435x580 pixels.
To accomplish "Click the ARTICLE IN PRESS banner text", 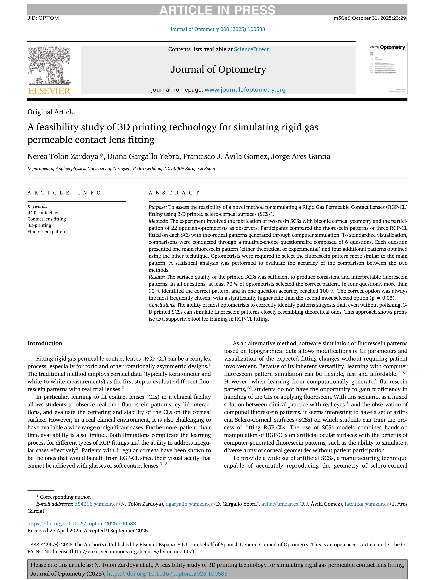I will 217,10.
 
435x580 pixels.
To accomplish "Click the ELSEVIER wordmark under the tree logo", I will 49,91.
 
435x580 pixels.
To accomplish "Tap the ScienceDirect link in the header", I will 251,49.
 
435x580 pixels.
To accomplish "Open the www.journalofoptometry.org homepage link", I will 245,90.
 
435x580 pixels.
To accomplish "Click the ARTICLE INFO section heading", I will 64,193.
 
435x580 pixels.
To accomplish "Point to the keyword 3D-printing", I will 39,225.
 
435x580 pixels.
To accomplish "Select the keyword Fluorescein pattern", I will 47,232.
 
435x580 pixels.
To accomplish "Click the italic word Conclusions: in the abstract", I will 162,305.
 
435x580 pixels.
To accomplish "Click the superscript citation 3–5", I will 164,464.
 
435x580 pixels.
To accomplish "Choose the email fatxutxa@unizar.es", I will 366,504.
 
